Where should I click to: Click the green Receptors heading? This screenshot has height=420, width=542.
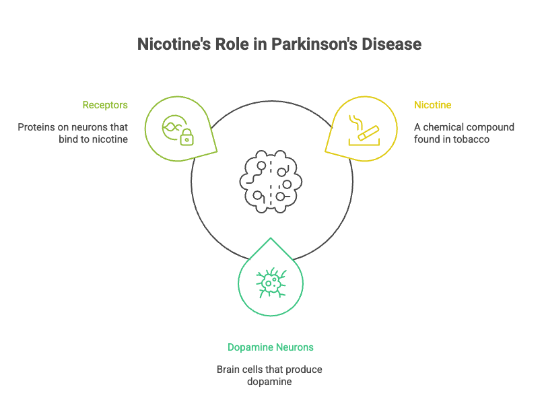[x=105, y=105]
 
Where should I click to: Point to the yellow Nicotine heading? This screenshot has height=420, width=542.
[x=432, y=105]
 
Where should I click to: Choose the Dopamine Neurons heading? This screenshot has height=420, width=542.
[x=271, y=347]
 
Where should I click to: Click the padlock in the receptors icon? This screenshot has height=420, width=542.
[x=187, y=138]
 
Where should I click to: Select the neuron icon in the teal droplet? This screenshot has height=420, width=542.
[x=271, y=283]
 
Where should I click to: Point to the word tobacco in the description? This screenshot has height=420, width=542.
[x=476, y=139]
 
